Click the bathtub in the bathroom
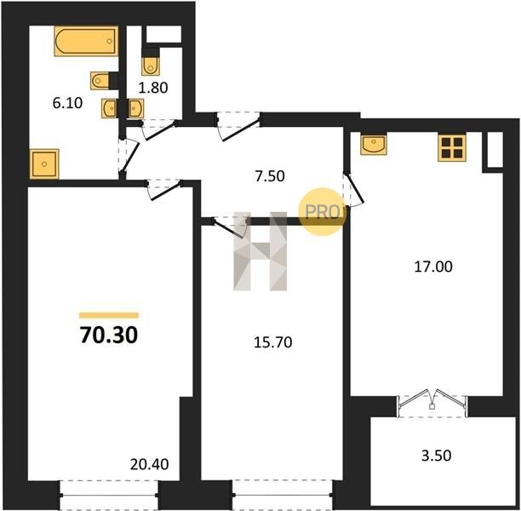click(x=86, y=41)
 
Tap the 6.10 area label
click(x=67, y=103)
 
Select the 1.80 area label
click(x=153, y=88)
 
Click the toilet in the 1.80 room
click(x=151, y=66)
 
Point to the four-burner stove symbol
click(x=452, y=147)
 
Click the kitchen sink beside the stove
click(x=374, y=144)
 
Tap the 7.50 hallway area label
click(x=270, y=176)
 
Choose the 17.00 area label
click(x=433, y=267)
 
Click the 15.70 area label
click(x=272, y=342)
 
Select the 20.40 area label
click(x=150, y=464)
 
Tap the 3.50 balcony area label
click(x=436, y=456)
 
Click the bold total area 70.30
click(x=109, y=335)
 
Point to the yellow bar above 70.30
click(x=109, y=315)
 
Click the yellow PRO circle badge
click(x=323, y=212)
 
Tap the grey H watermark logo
click(x=260, y=251)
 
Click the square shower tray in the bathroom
click(x=44, y=164)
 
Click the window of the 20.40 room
click(x=109, y=495)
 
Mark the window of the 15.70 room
click(x=282, y=495)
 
